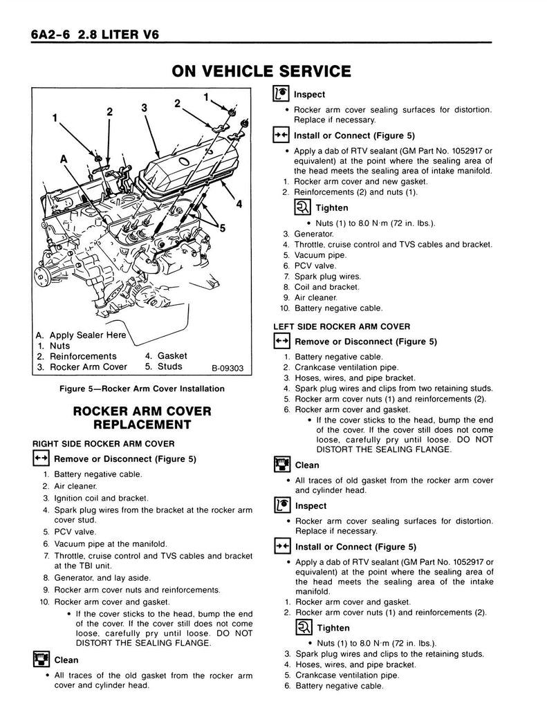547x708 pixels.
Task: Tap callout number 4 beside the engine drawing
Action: [239, 204]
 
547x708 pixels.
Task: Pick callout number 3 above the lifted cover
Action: [145, 108]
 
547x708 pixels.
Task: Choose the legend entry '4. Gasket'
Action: [166, 356]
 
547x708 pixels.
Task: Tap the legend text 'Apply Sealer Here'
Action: [88, 335]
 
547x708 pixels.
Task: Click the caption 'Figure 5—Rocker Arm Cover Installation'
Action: [142, 389]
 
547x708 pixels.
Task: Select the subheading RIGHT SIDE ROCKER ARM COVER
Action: [103, 443]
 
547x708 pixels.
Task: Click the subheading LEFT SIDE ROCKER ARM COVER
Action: [342, 326]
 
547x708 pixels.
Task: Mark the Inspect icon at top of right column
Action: [280, 95]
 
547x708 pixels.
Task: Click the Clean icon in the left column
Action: [39, 659]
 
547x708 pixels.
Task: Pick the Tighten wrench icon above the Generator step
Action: [302, 207]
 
